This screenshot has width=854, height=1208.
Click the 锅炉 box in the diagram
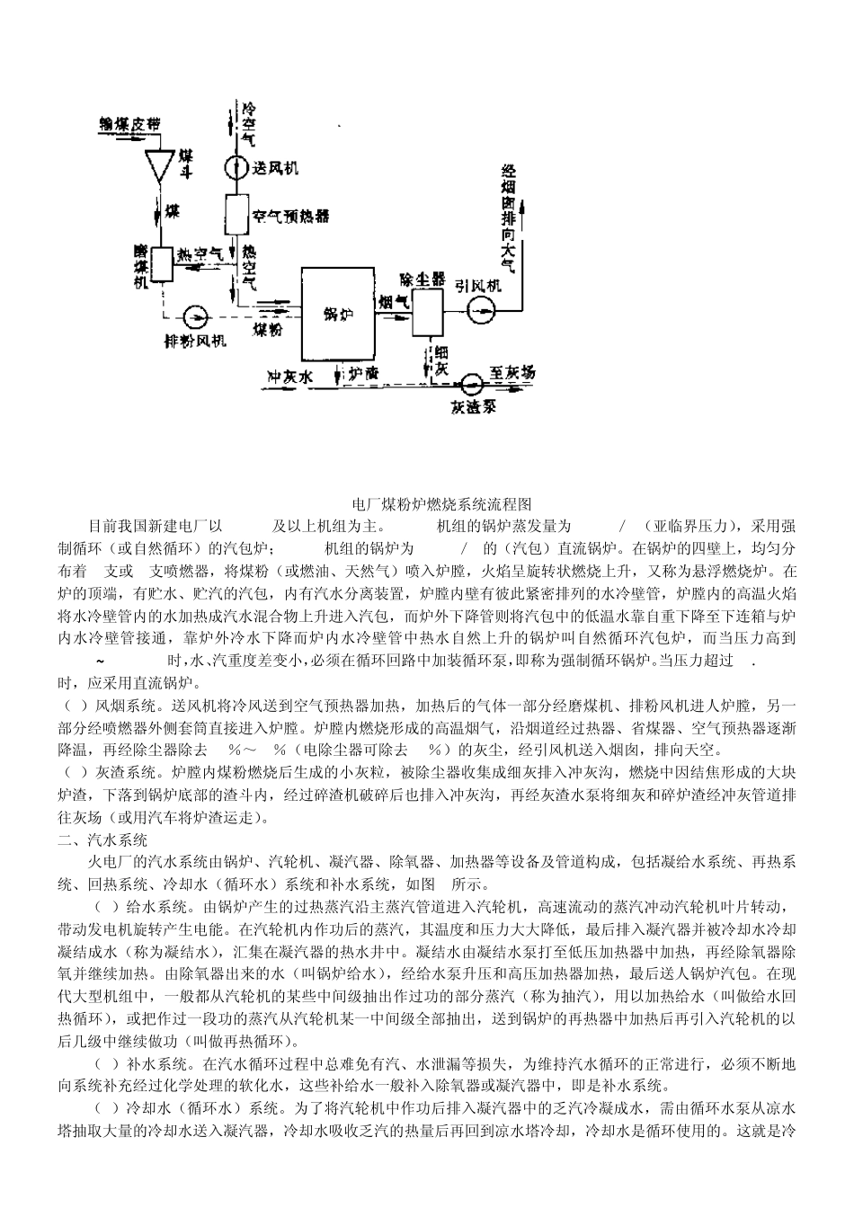pyautogui.click(x=336, y=314)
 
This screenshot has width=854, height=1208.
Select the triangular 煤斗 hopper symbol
pyautogui.click(x=162, y=164)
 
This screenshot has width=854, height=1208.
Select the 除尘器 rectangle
pyautogui.click(x=428, y=311)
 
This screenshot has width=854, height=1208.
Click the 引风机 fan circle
pyautogui.click(x=482, y=310)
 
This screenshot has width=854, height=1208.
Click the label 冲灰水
pyautogui.click(x=289, y=377)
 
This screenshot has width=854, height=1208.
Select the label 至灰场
pyautogui.click(x=512, y=371)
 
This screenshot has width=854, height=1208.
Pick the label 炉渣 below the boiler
pyautogui.click(x=363, y=372)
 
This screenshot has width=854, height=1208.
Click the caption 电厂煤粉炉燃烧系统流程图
pyautogui.click(x=426, y=505)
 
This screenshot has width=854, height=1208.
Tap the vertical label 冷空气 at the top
pyautogui.click(x=248, y=124)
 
